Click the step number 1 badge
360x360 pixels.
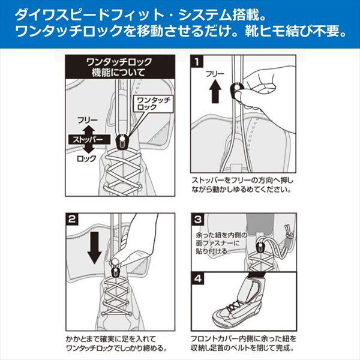coord(198,61)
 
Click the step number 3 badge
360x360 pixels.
coord(198,218)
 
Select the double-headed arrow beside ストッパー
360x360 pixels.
coord(88,139)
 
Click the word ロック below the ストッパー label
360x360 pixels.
coord(88,161)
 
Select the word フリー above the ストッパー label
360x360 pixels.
coord(88,119)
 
